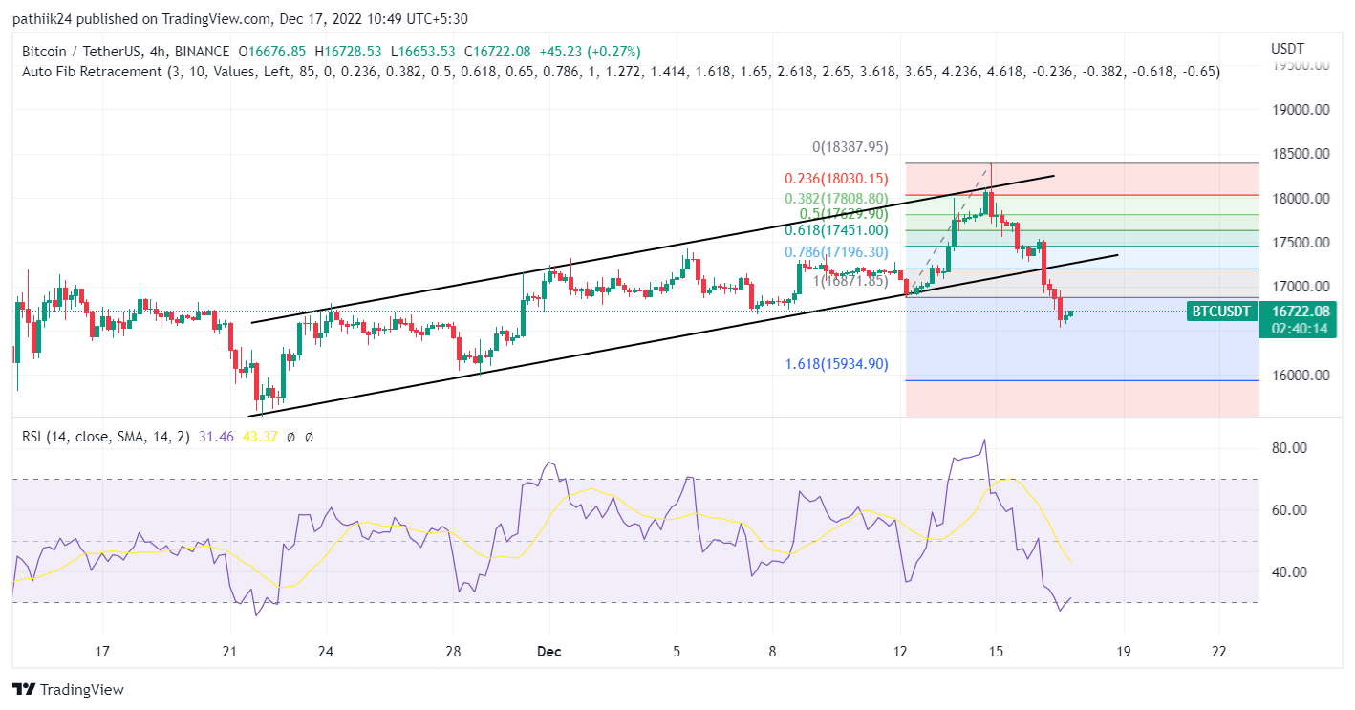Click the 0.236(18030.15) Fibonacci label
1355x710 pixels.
[x=836, y=179]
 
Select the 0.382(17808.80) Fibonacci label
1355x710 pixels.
[x=836, y=199]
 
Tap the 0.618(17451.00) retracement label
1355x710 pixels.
[x=836, y=230]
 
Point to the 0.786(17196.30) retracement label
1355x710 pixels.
[x=836, y=252]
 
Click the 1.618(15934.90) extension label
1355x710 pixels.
[x=836, y=364]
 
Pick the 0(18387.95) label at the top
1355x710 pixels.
[x=850, y=147]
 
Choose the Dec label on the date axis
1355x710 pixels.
[x=549, y=653]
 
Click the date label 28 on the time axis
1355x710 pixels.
[x=453, y=653]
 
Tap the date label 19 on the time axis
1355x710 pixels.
[x=1123, y=653]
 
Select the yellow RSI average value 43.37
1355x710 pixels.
[x=255, y=437]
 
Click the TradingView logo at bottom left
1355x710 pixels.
[x=69, y=690]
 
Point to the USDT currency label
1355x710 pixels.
[x=1287, y=48]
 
